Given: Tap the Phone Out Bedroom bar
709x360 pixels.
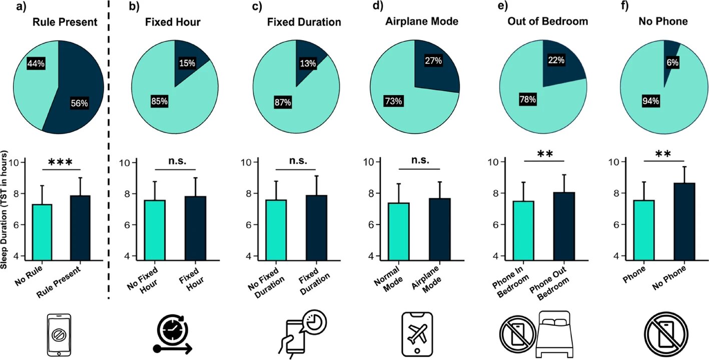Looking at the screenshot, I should point(564,226).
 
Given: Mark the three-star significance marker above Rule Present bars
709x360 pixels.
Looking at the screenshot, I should point(61,163).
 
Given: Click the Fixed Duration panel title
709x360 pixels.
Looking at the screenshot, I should point(304,22).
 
